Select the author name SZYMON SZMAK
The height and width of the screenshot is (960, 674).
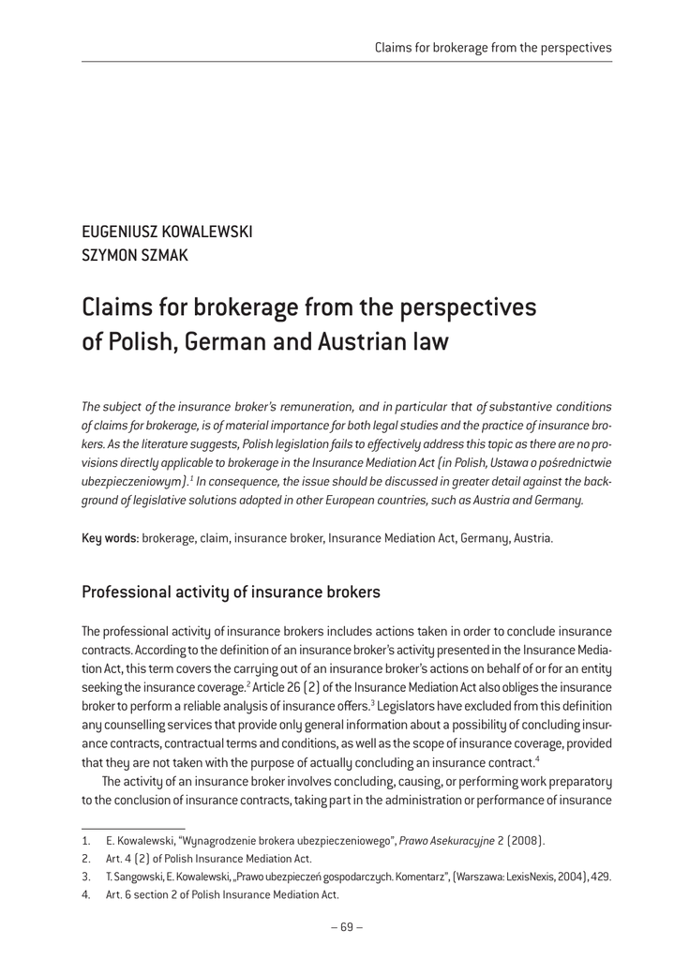135,256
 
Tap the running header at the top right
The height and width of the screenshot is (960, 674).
493,47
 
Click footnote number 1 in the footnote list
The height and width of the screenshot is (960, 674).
86,839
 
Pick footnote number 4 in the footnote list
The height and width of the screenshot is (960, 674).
86,894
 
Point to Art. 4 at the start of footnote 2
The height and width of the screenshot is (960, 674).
122,858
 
